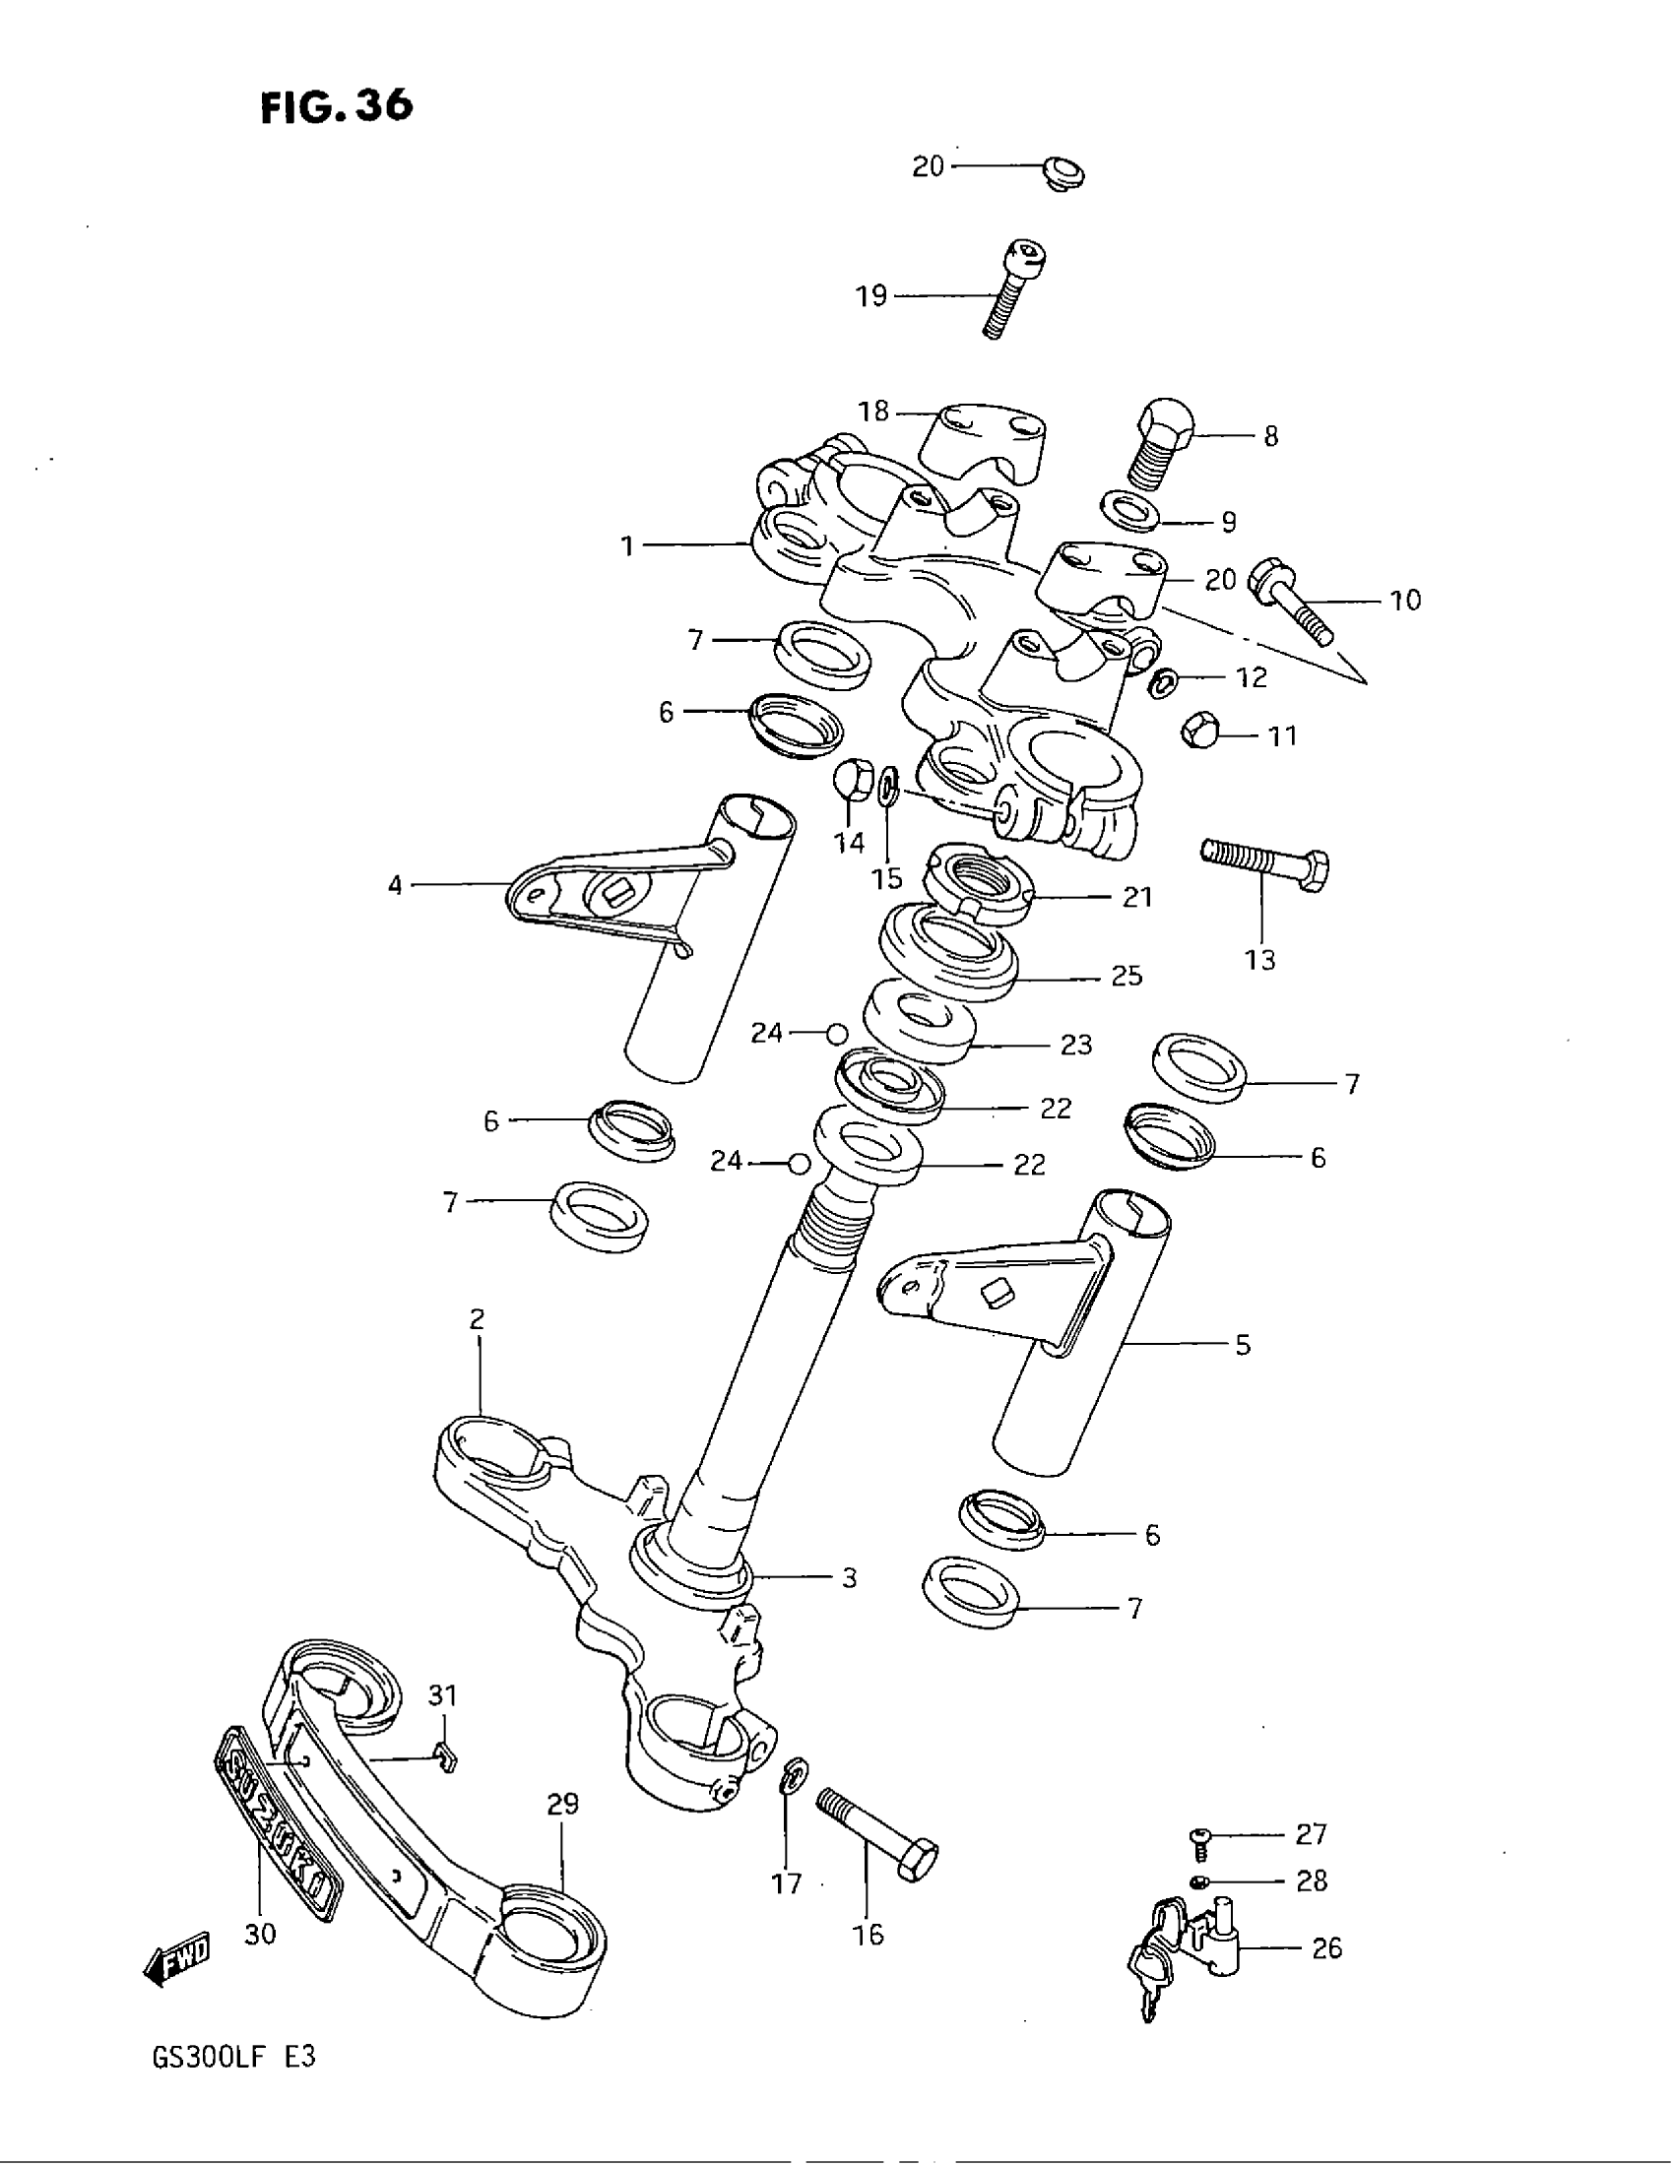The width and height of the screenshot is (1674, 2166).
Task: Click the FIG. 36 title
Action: pyautogui.click(x=336, y=105)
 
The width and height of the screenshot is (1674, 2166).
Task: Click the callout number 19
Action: pyautogui.click(x=871, y=295)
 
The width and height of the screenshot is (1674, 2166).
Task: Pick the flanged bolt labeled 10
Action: pyautogui.click(x=1289, y=601)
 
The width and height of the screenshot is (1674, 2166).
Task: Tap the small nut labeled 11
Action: pyautogui.click(x=1198, y=733)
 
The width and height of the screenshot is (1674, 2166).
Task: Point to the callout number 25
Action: pyautogui.click(x=1127, y=976)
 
